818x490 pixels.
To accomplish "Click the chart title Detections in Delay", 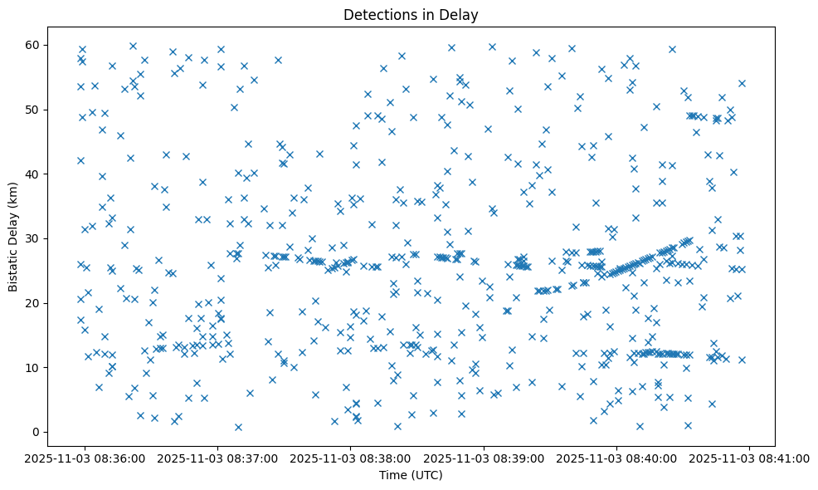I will click(x=411, y=14).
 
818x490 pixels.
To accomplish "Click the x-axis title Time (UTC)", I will click(x=411, y=475).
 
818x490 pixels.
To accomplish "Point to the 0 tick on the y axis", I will click(x=37, y=432).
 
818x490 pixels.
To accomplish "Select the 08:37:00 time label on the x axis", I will click(x=217, y=458).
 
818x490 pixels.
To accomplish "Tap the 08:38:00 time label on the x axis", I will click(x=350, y=458).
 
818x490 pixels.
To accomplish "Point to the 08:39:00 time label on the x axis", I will click(x=484, y=458).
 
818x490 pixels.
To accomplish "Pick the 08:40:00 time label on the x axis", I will click(x=616, y=458).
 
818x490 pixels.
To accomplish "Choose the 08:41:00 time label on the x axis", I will click(x=750, y=458).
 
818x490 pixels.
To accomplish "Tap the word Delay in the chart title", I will click(x=462, y=14).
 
